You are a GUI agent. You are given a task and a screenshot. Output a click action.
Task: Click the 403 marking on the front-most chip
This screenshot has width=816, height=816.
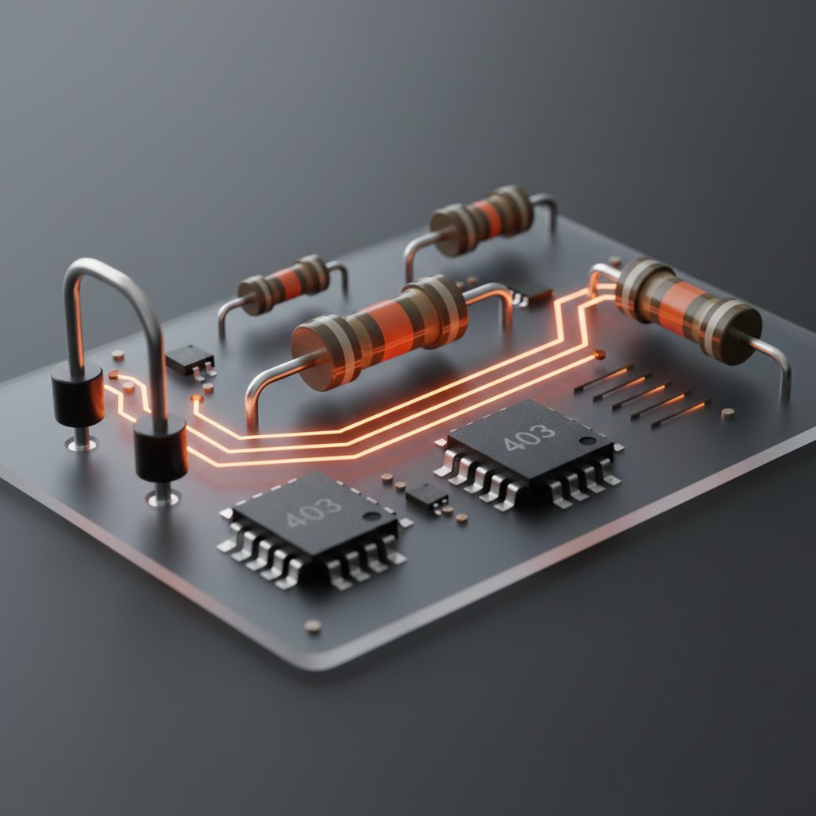click(x=314, y=512)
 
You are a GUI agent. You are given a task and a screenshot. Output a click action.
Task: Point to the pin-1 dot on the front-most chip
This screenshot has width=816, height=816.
click(x=371, y=517)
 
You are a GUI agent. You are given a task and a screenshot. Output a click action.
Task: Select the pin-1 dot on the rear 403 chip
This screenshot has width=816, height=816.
click(x=587, y=440)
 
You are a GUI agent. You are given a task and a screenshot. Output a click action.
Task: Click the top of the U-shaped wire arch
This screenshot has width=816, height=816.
click(x=104, y=269)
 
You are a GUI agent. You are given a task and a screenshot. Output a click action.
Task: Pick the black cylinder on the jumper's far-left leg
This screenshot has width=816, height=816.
click(x=77, y=394)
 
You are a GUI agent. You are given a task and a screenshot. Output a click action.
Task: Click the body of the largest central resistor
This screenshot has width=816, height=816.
click(x=379, y=331)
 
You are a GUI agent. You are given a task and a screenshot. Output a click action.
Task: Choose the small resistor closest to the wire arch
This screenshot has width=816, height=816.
click(x=284, y=284)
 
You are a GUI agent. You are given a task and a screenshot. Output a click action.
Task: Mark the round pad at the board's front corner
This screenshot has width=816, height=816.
click(x=313, y=626)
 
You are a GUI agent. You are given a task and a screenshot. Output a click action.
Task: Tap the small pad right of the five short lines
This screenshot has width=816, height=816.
click(x=727, y=413)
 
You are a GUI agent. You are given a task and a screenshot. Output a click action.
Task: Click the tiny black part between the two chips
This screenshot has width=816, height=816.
click(x=426, y=497)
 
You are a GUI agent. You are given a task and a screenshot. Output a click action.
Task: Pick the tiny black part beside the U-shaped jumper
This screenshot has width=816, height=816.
click(x=189, y=359)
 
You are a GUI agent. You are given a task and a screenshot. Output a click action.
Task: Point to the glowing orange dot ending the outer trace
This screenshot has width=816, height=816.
click(x=599, y=354)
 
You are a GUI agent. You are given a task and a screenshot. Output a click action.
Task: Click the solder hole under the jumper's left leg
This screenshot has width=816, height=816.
click(x=81, y=444)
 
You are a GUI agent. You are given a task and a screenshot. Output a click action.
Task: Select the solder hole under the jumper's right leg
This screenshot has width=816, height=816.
click(x=162, y=499)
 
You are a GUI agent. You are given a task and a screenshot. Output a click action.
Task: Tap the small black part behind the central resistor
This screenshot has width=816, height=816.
click(x=529, y=292)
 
